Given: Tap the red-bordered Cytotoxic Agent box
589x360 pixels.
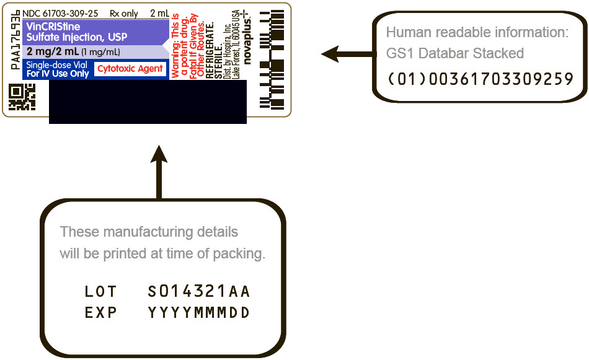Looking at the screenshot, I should point(130,69).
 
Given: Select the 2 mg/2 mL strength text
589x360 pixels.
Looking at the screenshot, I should point(52,51).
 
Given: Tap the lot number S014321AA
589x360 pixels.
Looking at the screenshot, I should point(199,291).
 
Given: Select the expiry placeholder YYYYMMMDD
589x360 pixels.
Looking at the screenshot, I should point(199,313).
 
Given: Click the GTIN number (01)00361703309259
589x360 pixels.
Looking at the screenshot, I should point(480,79).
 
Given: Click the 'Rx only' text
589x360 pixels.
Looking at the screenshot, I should point(123,13).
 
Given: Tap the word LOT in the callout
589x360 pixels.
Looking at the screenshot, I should point(100,291).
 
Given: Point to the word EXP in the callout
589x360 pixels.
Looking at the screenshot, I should point(100,313).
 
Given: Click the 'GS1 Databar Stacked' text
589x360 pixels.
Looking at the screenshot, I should point(454,54).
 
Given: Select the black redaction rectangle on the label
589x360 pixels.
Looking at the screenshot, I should point(148,102).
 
